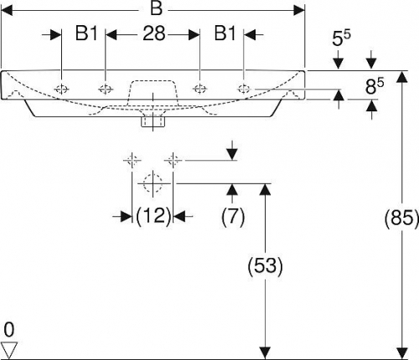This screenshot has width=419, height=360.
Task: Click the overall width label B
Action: (x=156, y=8)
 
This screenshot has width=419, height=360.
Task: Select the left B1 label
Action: (x=86, y=33)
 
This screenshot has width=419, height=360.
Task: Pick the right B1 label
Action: (x=225, y=33)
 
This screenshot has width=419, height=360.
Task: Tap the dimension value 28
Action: (x=154, y=33)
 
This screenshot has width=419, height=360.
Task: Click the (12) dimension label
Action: (x=153, y=216)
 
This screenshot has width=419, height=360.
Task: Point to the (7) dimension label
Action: (x=233, y=216)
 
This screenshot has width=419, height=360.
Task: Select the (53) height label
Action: (x=265, y=265)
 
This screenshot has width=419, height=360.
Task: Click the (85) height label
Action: (x=401, y=217)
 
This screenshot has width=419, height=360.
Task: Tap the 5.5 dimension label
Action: (x=341, y=39)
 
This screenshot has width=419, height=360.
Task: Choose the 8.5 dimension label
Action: (x=375, y=86)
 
